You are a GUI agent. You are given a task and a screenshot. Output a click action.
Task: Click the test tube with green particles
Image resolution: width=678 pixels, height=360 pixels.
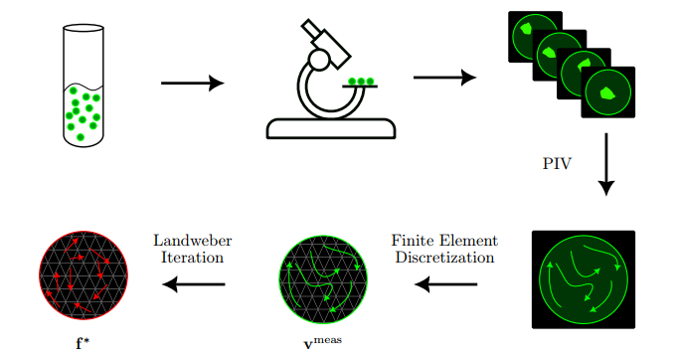[84, 86]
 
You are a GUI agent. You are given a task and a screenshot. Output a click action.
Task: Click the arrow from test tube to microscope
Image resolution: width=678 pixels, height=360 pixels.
[193, 83]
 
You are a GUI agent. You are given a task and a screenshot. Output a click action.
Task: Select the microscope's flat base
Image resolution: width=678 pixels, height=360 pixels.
[331, 128]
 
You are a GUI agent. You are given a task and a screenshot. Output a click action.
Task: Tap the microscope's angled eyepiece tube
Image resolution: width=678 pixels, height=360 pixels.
[326, 44]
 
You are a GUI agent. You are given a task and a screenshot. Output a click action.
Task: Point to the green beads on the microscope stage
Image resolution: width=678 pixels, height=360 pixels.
[361, 82]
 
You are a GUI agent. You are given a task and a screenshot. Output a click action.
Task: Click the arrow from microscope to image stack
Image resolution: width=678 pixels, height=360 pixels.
[445, 78]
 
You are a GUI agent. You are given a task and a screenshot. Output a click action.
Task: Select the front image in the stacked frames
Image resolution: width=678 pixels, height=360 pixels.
[608, 92]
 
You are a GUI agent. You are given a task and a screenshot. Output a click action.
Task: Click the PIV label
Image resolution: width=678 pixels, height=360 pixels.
[557, 163]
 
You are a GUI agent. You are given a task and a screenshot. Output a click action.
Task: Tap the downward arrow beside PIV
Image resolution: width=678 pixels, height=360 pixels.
[606, 164]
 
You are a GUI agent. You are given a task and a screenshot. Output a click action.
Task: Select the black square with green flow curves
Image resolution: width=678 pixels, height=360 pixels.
[584, 279]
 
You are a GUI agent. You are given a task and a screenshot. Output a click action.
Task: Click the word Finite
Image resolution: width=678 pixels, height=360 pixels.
[413, 240]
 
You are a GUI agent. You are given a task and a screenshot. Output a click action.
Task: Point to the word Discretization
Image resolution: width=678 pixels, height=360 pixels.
[444, 258]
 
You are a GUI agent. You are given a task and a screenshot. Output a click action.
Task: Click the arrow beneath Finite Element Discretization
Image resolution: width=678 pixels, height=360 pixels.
[445, 284]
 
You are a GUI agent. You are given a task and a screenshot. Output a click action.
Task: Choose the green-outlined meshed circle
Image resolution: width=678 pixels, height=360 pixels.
[323, 279]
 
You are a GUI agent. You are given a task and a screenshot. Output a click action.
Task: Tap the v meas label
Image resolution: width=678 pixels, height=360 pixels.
[322, 342]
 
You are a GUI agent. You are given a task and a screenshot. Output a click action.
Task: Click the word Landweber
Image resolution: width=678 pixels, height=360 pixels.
[193, 240]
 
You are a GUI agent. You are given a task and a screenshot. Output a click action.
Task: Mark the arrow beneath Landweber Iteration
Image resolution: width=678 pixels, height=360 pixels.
[194, 284]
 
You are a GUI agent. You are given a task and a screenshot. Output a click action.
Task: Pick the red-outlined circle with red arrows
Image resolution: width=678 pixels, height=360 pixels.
[84, 275]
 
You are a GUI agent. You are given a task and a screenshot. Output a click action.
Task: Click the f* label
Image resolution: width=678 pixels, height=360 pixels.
[83, 343]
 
